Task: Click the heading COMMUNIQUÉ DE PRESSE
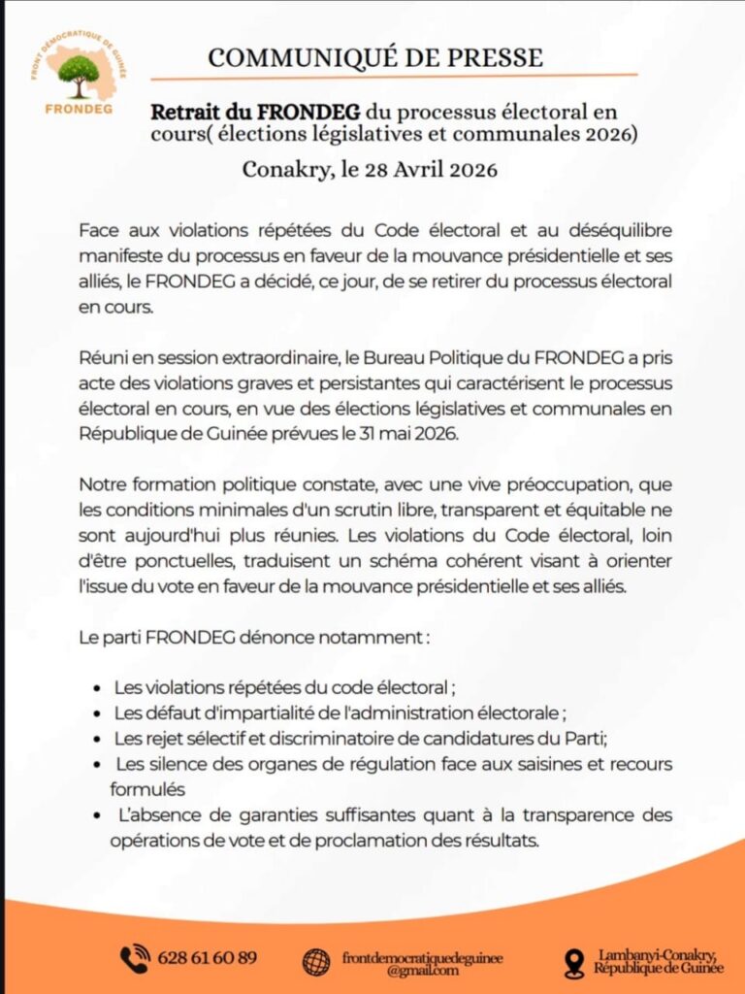375,57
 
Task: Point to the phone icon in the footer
135,959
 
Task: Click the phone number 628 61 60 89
208,958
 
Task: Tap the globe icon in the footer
316,961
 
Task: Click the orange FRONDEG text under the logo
79,108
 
